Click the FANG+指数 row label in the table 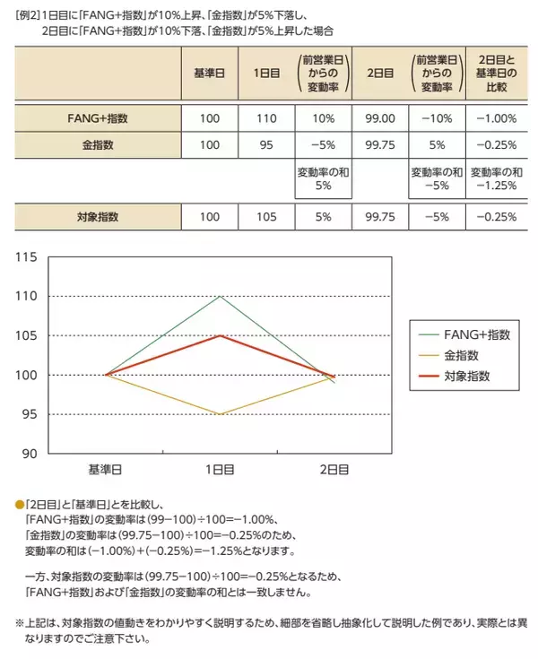(99, 118)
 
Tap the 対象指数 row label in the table (99, 216)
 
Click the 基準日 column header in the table (210, 72)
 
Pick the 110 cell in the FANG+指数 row (267, 118)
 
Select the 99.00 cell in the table (381, 118)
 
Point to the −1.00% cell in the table (495, 118)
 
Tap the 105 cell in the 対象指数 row (267, 216)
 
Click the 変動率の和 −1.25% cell (495, 178)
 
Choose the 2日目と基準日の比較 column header (495, 72)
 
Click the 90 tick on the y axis (28, 454)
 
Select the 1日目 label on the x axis (220, 470)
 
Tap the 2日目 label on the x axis (334, 470)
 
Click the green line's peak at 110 (220, 297)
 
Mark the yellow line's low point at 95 (220, 414)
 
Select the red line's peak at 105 (220, 335)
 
